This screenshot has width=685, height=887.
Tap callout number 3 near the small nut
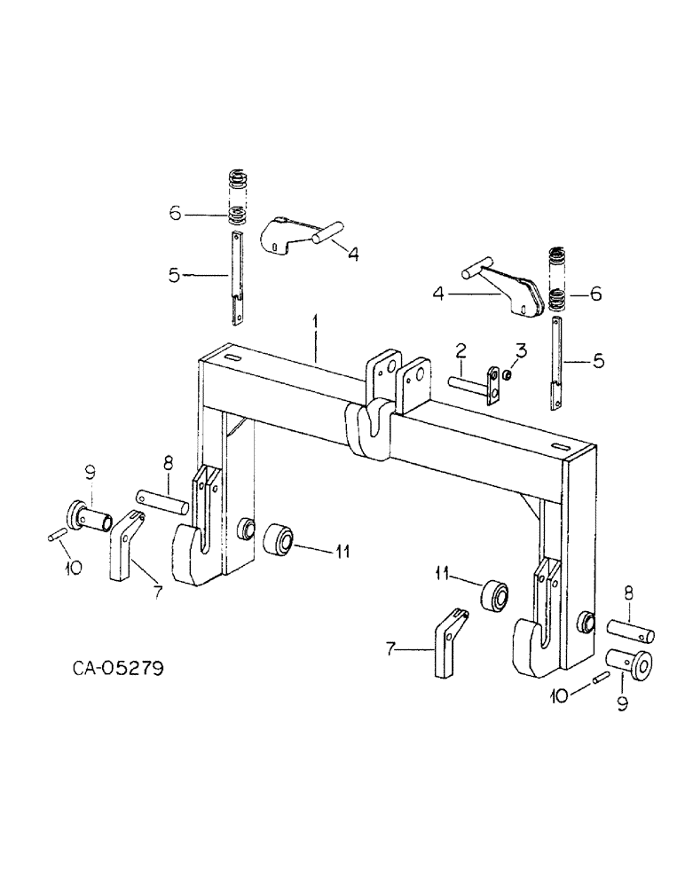coord(521,351)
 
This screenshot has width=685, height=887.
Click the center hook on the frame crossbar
coord(369,426)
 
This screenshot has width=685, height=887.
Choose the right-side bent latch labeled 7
coord(445,645)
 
